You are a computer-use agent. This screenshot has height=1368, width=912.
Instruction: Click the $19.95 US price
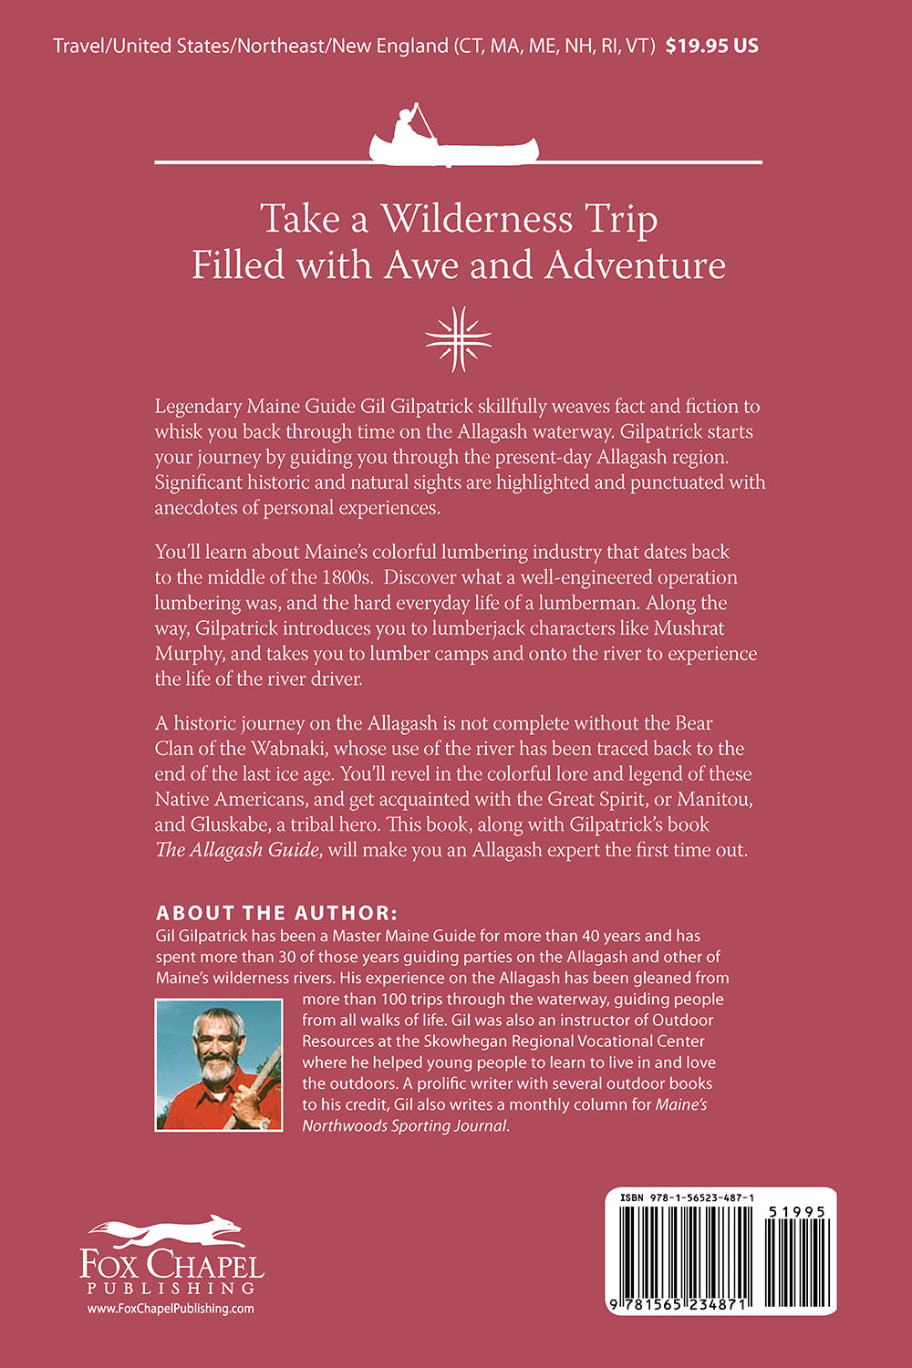pyautogui.click(x=711, y=45)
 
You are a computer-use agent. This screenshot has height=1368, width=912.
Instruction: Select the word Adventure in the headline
pyautogui.click(x=635, y=264)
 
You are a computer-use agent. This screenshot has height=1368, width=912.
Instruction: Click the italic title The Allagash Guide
pyautogui.click(x=237, y=850)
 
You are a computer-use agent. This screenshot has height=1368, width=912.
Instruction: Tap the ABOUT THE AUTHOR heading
pyautogui.click(x=276, y=913)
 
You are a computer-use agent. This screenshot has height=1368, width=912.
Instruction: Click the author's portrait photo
pyautogui.click(x=219, y=1065)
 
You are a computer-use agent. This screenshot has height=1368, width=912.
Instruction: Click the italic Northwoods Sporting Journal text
pyautogui.click(x=404, y=1125)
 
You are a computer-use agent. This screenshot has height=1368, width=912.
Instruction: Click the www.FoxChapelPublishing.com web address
pyautogui.click(x=171, y=1308)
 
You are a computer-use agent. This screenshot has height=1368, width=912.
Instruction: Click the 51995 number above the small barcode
pyautogui.click(x=795, y=1211)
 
